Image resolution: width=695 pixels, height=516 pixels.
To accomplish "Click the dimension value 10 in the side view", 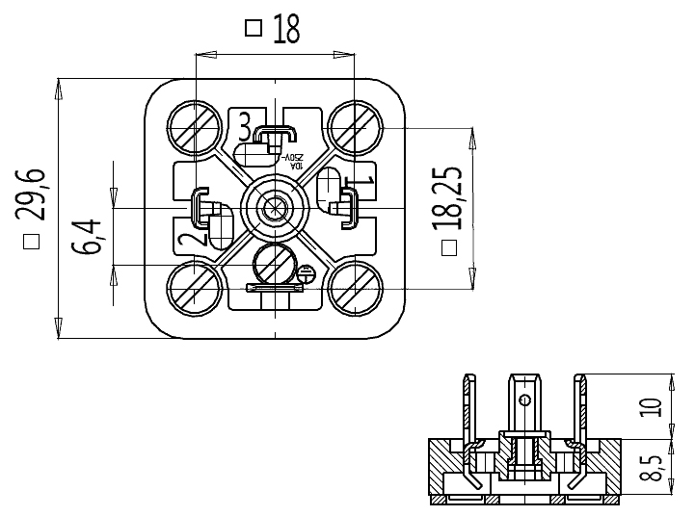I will pos(654,406).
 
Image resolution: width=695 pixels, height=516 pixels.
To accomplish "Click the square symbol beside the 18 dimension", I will pos(254,28).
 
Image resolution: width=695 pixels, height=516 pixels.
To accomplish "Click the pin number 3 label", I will pos(245,125).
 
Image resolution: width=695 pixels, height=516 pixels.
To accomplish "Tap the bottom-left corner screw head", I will pos(196,286).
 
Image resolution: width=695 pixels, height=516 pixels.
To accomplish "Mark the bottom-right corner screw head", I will pos(353,286).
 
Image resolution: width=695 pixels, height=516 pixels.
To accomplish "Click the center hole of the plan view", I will pos(276,206).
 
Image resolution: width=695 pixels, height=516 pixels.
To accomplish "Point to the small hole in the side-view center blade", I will pos(524,400).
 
